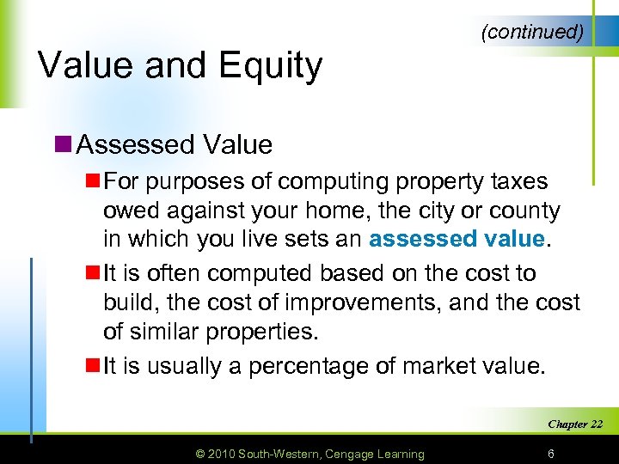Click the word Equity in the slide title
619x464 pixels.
pos(274,66)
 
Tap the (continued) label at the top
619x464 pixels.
pos(533,32)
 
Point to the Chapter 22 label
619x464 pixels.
pos(575,424)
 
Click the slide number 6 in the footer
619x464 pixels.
pos(550,454)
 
